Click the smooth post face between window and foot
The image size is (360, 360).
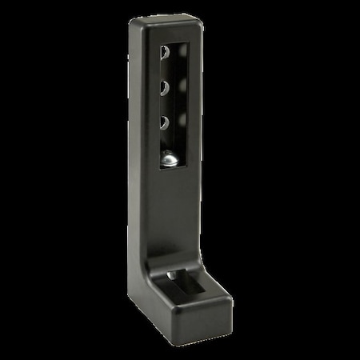coord(173,212)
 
